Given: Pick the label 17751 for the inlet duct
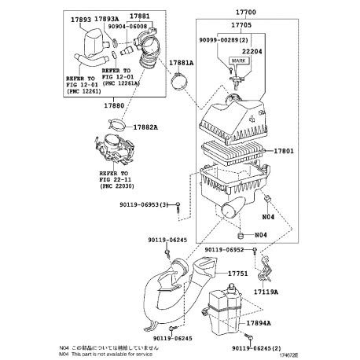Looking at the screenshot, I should pos(238,274).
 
